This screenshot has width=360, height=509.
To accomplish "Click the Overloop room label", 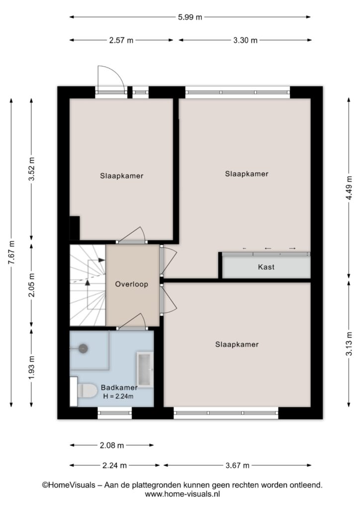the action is [131, 284].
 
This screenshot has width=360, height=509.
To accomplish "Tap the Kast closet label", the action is [266, 267].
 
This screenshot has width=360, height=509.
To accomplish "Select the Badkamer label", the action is [119, 387].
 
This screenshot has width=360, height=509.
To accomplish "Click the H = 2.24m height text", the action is [118, 396].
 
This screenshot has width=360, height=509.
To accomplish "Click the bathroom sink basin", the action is [145, 370].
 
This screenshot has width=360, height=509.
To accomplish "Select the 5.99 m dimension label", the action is [190, 17].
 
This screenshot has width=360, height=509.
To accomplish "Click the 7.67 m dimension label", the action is [12, 253].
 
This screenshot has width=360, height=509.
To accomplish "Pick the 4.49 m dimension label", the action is [349, 188].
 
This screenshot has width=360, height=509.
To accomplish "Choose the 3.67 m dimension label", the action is [237, 465].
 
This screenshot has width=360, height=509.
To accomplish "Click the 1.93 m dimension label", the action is [31, 367].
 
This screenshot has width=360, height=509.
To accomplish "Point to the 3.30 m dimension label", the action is [245, 40].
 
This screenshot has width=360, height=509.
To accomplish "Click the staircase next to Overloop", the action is [88, 285].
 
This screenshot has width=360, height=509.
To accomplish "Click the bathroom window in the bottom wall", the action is [114, 413].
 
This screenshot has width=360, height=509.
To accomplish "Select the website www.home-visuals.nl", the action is [182, 494].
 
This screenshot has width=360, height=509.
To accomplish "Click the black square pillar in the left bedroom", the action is [75, 228].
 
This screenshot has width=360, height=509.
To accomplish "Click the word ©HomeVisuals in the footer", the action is [69, 485].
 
